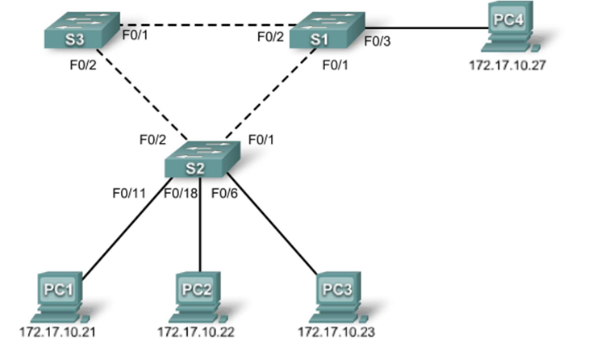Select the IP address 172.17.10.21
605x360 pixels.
point(54,332)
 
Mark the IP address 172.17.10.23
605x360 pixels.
point(332,332)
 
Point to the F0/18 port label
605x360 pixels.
point(181,192)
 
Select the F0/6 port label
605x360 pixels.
point(225,192)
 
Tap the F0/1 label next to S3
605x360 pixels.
point(135,36)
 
